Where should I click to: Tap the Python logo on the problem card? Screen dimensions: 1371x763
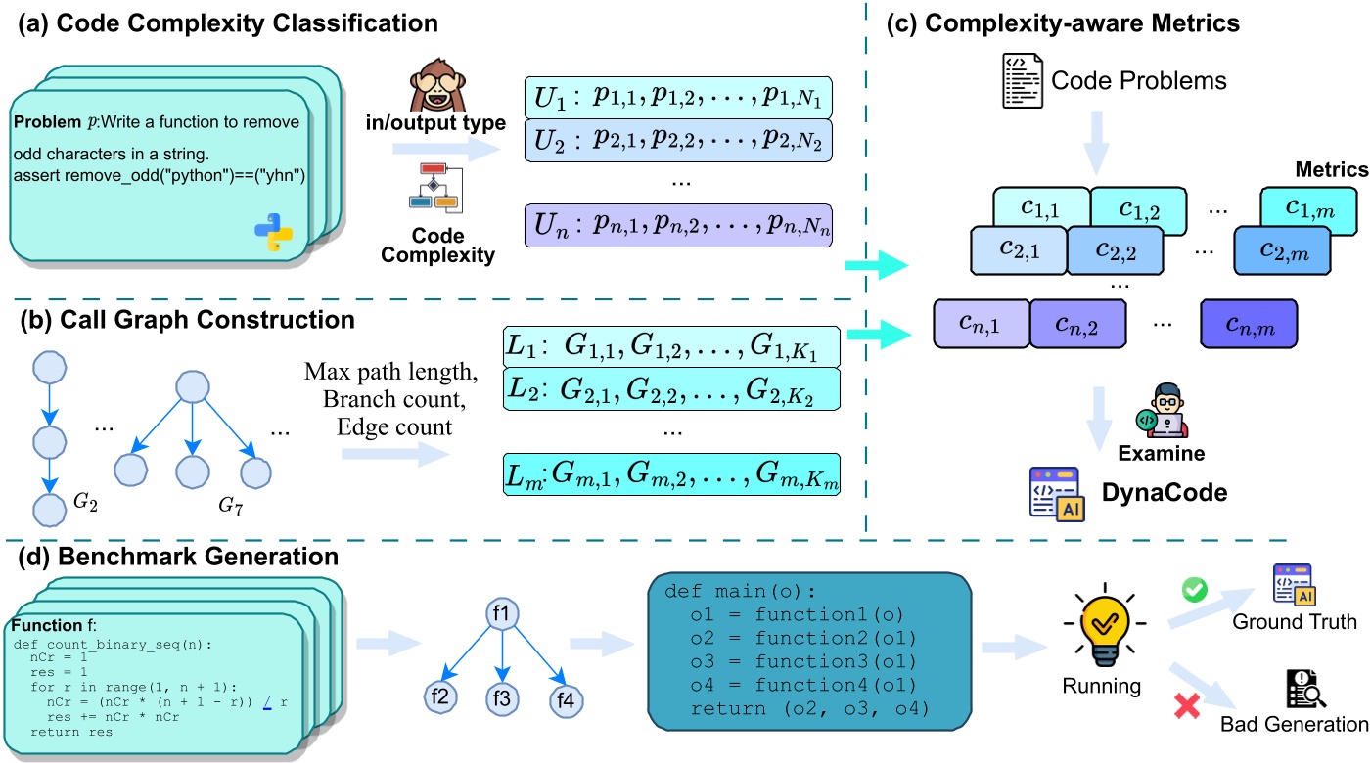coord(274,233)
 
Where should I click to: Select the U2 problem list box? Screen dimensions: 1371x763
coord(678,141)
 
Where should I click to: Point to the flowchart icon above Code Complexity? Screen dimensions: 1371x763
coord(435,188)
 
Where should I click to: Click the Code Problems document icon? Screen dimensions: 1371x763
coord(1022,81)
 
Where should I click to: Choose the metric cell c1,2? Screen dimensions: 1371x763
coord(1139,210)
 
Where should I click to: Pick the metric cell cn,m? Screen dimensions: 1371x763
coord(1249,324)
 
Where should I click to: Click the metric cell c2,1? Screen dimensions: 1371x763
coord(1019,249)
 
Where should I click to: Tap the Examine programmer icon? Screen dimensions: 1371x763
coord(1162,411)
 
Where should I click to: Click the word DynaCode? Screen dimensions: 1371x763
coord(1165,493)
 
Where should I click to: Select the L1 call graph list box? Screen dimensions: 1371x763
coord(671,346)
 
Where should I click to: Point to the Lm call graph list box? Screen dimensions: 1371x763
coord(671,474)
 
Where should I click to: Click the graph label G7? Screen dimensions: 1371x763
coord(230,506)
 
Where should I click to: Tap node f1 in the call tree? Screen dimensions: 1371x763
coord(502,613)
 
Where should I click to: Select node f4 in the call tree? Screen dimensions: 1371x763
coord(566,700)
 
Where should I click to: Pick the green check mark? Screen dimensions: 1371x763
coord(1194,589)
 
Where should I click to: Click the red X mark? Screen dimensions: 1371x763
coord(1187,705)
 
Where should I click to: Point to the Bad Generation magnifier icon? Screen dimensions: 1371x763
coord(1305,689)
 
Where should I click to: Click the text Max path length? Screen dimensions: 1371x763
coord(390,372)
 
